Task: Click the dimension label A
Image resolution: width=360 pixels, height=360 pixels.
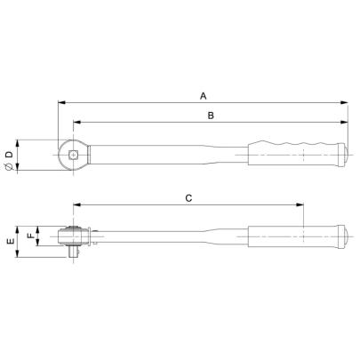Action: (203, 95)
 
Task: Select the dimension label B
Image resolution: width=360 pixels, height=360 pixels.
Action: (209, 116)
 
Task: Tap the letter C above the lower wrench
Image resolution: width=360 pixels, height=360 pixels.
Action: (188, 200)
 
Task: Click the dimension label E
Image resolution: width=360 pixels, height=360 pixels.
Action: (10, 241)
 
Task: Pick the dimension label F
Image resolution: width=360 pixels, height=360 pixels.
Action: (30, 236)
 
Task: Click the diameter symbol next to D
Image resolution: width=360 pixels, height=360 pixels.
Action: (9, 169)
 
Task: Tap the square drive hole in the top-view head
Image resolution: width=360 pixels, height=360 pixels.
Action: (72, 156)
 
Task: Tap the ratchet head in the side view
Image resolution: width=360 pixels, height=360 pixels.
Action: (73, 236)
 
